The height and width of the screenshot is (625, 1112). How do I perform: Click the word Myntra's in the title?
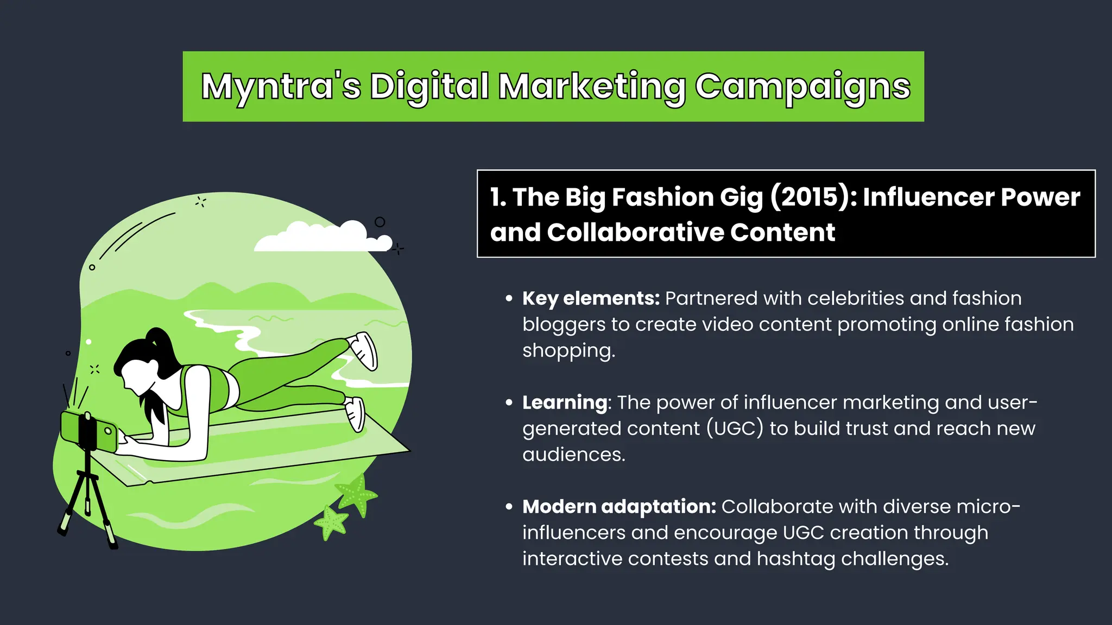[281, 87]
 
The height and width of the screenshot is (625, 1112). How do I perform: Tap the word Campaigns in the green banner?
[803, 87]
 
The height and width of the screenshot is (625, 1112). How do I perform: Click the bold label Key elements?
[591, 298]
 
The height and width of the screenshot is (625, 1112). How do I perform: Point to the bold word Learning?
[565, 403]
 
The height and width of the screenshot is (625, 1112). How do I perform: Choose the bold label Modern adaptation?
[619, 507]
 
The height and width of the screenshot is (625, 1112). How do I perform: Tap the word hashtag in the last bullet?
[796, 559]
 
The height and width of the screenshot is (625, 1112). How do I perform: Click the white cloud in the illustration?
[320, 238]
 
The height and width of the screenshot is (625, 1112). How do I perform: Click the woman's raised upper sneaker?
[364, 349]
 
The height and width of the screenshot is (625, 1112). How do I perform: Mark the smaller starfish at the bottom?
[331, 522]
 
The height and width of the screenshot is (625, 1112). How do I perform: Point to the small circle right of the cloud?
[380, 222]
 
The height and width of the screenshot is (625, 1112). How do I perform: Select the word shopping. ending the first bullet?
[568, 350]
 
